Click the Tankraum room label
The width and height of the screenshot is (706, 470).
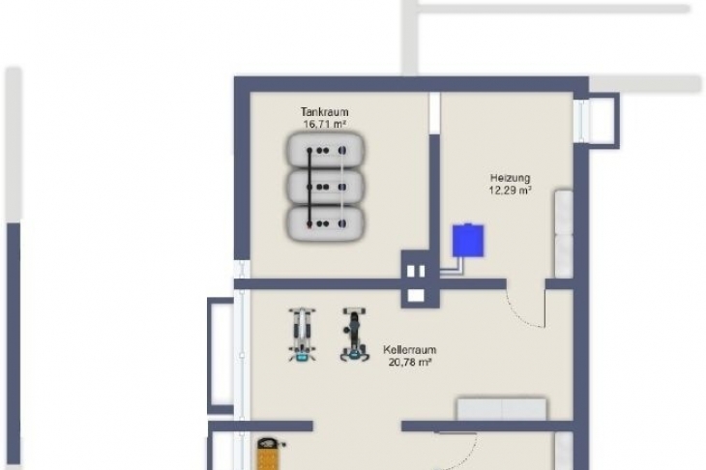coord(324,111)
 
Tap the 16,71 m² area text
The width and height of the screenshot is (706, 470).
coord(325,124)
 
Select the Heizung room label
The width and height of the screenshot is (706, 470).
coord(510,178)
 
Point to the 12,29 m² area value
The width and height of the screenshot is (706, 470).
coord(510,190)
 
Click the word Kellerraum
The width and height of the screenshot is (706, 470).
coord(410,350)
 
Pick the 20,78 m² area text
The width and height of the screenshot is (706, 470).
coord(410,362)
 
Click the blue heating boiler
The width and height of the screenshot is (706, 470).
coord(468,241)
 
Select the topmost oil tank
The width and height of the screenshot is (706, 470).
coord(325,150)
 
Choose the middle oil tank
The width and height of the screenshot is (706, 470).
coord(325,187)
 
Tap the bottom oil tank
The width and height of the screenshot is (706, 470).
coord(325,223)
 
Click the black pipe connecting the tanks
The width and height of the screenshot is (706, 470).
coord(309,187)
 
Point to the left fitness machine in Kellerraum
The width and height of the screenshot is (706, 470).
coord(302,335)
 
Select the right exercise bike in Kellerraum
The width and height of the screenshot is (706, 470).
coord(355,335)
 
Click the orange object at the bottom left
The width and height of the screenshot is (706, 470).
coord(270,455)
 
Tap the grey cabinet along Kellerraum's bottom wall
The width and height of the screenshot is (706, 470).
coord(502,409)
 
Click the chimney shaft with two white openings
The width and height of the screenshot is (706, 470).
coord(421,279)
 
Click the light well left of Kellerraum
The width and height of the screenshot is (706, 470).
coord(221,356)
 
